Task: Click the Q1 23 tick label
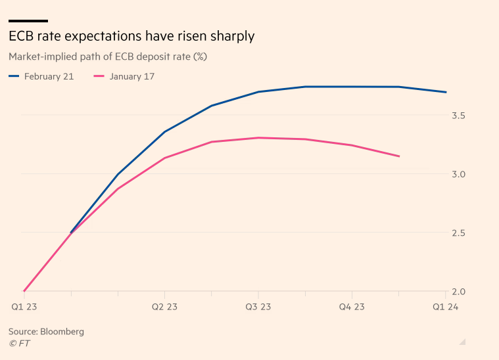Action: pyautogui.click(x=24, y=307)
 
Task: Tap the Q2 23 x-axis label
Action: pyautogui.click(x=165, y=307)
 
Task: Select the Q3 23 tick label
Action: pyautogui.click(x=258, y=307)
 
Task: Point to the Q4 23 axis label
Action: pyautogui.click(x=352, y=307)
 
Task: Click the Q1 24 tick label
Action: pyautogui.click(x=445, y=307)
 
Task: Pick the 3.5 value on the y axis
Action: pyautogui.click(x=458, y=116)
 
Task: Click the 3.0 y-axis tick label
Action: pyautogui.click(x=458, y=174)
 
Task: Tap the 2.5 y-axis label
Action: pyautogui.click(x=458, y=233)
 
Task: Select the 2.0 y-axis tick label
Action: pyautogui.click(x=458, y=292)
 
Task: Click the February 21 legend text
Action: pyautogui.click(x=49, y=76)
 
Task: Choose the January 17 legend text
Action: pyautogui.click(x=132, y=76)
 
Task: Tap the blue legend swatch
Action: pyautogui.click(x=14, y=76)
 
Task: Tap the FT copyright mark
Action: pyautogui.click(x=19, y=343)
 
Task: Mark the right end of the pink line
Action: pyautogui.click(x=399, y=156)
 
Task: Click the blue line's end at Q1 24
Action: pyautogui.click(x=446, y=92)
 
